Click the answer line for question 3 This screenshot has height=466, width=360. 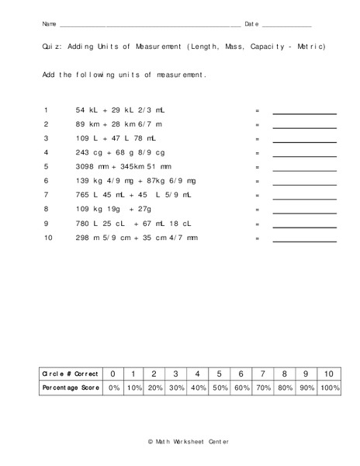(x=304, y=141)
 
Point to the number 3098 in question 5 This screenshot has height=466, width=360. (x=86, y=166)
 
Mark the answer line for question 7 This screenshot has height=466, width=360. (x=304, y=198)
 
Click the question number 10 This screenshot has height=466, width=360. (x=47, y=237)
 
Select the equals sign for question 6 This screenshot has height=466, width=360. (x=257, y=180)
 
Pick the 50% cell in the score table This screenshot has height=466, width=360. (x=220, y=388)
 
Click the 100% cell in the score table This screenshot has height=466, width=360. (x=329, y=388)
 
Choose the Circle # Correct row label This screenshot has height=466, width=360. (x=71, y=374)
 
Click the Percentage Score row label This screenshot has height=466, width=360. (x=71, y=388)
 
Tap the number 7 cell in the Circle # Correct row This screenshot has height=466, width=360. (x=263, y=374)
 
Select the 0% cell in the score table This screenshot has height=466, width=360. (x=113, y=388)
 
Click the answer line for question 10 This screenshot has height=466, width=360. (x=304, y=241)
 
